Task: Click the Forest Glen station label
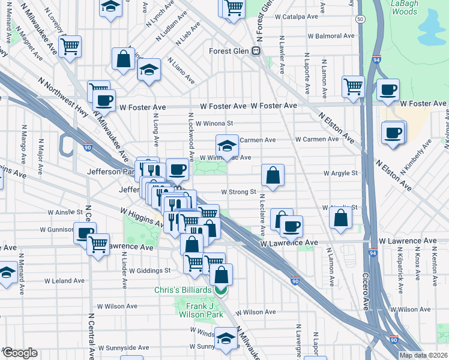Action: click(229, 51)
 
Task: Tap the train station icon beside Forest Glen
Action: click(256, 51)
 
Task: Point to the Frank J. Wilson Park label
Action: click(200, 310)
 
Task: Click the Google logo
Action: click(19, 353)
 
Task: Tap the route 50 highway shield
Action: click(359, 19)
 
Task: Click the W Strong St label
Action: click(239, 193)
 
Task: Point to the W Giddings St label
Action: click(150, 270)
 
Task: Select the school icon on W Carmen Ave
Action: click(227, 145)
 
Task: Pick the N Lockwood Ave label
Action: click(191, 137)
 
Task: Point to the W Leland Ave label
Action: click(65, 281)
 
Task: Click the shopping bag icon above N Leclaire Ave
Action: click(273, 175)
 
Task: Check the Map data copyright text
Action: click(424, 355)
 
